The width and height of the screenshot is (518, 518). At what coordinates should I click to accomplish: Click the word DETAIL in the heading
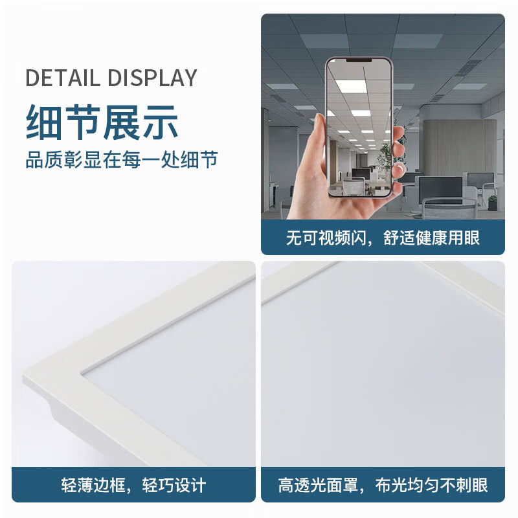(x=63, y=78)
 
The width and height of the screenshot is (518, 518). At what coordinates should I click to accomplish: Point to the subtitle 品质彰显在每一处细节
(x=121, y=159)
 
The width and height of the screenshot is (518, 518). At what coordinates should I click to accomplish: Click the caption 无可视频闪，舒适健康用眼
(x=383, y=238)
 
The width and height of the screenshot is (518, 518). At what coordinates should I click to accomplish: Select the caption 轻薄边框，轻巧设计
(x=133, y=484)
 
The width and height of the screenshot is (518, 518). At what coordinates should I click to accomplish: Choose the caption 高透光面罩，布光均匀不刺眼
(x=383, y=484)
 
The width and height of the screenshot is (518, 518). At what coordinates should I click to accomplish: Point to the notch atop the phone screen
(x=359, y=60)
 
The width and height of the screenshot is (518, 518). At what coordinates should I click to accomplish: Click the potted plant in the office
(x=386, y=155)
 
